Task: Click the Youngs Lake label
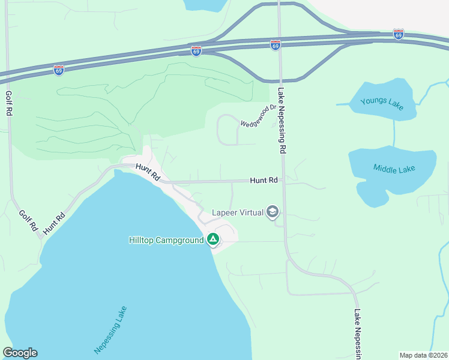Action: pyautogui.click(x=382, y=103)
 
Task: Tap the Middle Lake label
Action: pyautogui.click(x=395, y=169)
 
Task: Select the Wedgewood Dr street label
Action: pyautogui.click(x=258, y=116)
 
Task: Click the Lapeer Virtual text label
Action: pyautogui.click(x=238, y=213)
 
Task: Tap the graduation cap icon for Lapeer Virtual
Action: pyautogui.click(x=273, y=212)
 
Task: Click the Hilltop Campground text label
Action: pyautogui.click(x=166, y=240)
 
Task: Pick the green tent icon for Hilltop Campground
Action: pyautogui.click(x=212, y=240)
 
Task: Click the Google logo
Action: pyautogui.click(x=20, y=353)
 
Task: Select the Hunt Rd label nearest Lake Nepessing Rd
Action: pyautogui.click(x=264, y=180)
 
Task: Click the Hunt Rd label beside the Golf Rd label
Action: pyautogui.click(x=53, y=224)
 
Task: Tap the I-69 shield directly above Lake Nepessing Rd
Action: pyautogui.click(x=275, y=45)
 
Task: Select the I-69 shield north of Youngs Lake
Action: pyautogui.click(x=399, y=34)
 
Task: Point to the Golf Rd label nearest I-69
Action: pyautogui.click(x=9, y=103)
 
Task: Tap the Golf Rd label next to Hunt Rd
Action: pyautogui.click(x=28, y=221)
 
